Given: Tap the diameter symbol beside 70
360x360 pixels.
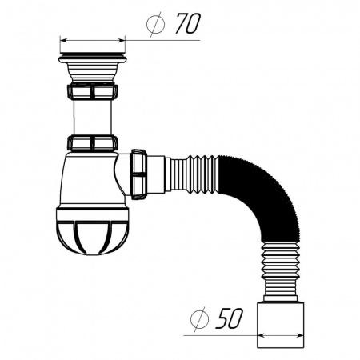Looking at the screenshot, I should click(157, 25).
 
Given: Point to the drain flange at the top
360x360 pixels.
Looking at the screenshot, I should click(92, 58).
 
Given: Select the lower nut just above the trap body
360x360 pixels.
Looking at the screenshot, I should click(93, 143).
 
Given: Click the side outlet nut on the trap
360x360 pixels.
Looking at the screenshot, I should click(138, 171).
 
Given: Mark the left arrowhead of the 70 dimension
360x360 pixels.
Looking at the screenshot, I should click(63, 38).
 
